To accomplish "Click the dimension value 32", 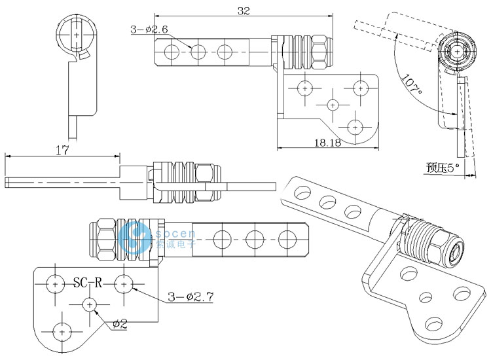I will (x=244, y=10).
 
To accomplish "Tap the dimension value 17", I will (x=62, y=150).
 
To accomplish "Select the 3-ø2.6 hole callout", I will (x=150, y=29).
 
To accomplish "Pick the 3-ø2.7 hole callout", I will (x=192, y=297).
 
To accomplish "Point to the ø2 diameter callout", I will (x=120, y=323).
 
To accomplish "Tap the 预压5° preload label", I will (x=443, y=168).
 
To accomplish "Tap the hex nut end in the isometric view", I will (x=453, y=247).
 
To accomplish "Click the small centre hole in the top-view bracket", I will (x=333, y=104).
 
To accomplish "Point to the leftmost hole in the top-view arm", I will (x=172, y=51).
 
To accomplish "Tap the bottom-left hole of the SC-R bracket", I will (x=62, y=331).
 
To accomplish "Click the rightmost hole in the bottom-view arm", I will (x=286, y=237).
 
